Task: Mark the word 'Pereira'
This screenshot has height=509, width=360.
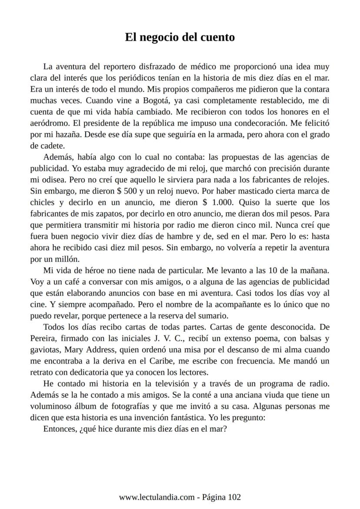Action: [x=44, y=338]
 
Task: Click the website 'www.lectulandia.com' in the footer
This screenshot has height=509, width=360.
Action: [x=156, y=497]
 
